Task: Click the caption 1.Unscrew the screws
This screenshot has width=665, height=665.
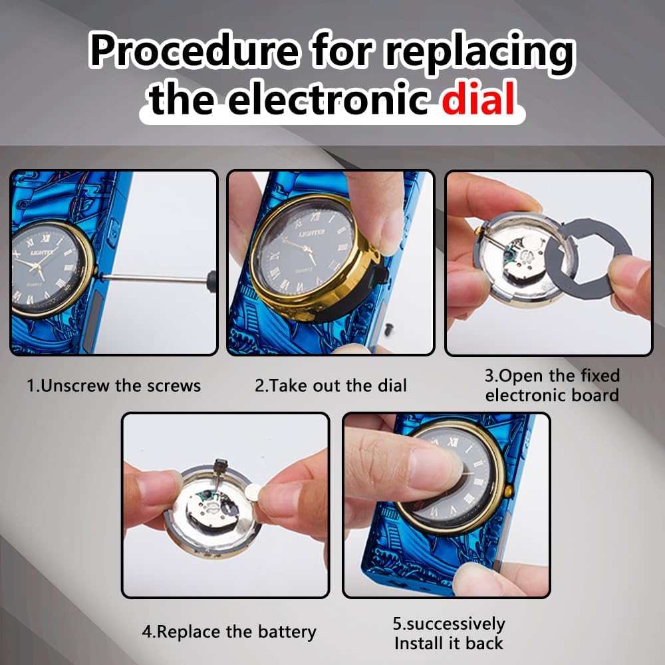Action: click(114, 386)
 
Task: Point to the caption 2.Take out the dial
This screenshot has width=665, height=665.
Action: click(331, 386)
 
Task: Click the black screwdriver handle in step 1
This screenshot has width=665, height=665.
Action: click(211, 281)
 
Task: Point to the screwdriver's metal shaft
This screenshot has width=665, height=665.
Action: click(154, 278)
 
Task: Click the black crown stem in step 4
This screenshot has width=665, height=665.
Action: click(220, 467)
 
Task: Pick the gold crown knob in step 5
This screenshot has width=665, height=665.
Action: click(509, 491)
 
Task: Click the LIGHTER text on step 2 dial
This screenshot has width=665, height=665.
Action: click(312, 233)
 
